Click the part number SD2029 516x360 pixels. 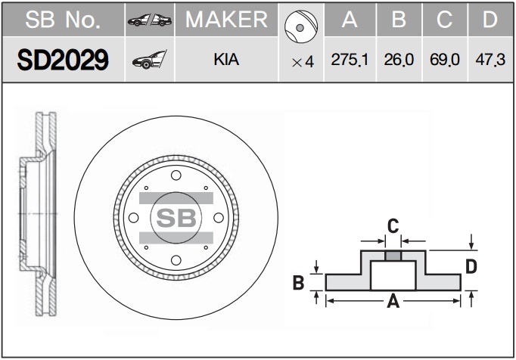(x=63, y=60)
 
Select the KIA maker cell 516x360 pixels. (x=226, y=60)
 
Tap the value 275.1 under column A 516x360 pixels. (x=350, y=60)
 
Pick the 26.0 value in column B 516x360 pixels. (x=399, y=60)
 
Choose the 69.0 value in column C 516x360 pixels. (x=444, y=60)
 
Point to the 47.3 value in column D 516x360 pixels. (x=490, y=60)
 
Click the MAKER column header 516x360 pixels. (x=226, y=20)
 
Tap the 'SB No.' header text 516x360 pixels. (x=63, y=20)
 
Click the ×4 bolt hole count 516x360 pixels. (x=303, y=62)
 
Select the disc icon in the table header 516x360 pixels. (x=301, y=26)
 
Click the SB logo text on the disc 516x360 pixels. (x=176, y=218)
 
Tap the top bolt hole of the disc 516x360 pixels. (x=176, y=175)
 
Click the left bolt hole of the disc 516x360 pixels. (x=134, y=218)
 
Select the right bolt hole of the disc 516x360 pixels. (x=219, y=218)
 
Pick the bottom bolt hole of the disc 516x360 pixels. (x=176, y=260)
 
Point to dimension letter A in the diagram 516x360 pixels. (x=393, y=301)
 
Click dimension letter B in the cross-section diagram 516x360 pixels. (x=298, y=283)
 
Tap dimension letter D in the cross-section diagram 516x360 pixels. (x=471, y=266)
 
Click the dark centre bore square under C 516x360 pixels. (x=393, y=256)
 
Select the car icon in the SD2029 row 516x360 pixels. (x=149, y=60)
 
